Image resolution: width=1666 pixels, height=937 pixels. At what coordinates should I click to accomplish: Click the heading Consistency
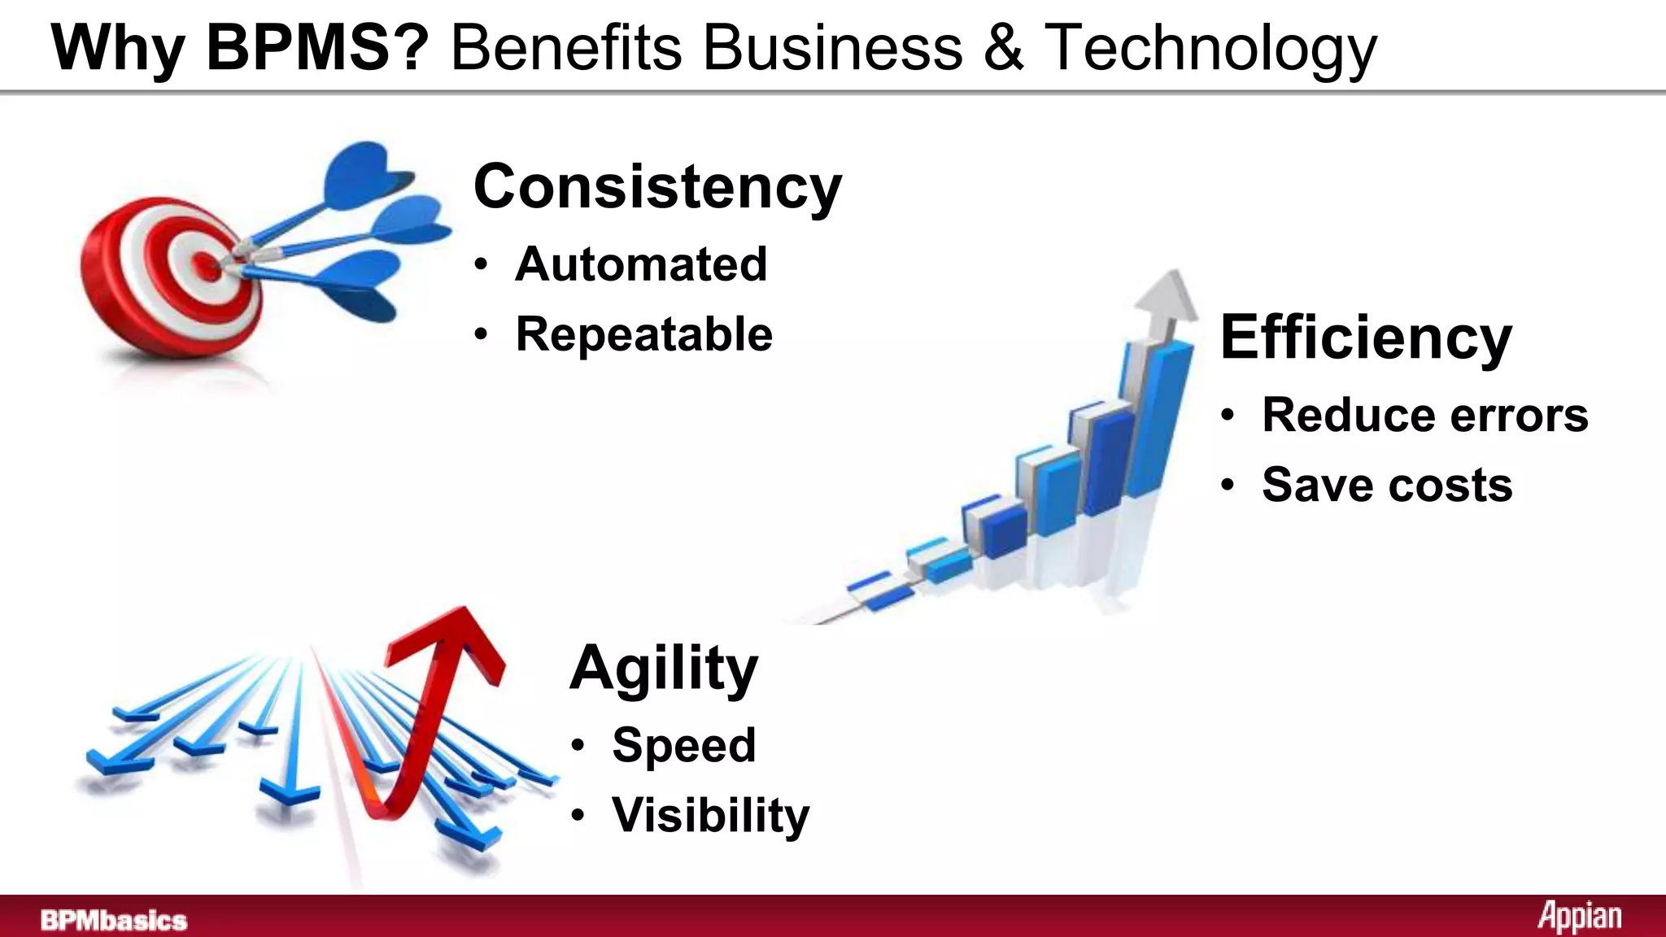(657, 187)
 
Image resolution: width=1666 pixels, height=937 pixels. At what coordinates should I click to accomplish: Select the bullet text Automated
(641, 264)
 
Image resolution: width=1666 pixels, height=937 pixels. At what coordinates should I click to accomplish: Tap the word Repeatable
(643, 334)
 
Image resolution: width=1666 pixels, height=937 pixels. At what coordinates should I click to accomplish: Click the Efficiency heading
(1366, 338)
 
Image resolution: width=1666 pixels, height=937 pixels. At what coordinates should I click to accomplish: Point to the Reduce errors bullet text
(1424, 416)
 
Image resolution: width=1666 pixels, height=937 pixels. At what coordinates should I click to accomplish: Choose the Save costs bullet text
(1387, 485)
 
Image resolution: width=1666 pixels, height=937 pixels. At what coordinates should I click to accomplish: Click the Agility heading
(664, 668)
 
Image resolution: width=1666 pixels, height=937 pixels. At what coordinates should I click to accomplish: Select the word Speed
(683, 745)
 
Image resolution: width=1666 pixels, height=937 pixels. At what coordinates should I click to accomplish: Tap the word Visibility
(710, 815)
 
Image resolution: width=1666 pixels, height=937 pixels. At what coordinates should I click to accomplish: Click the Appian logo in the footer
(1579, 917)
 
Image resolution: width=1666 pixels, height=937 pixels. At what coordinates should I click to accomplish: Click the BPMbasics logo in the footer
(114, 920)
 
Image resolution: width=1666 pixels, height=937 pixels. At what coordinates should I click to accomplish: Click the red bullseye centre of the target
(207, 264)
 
